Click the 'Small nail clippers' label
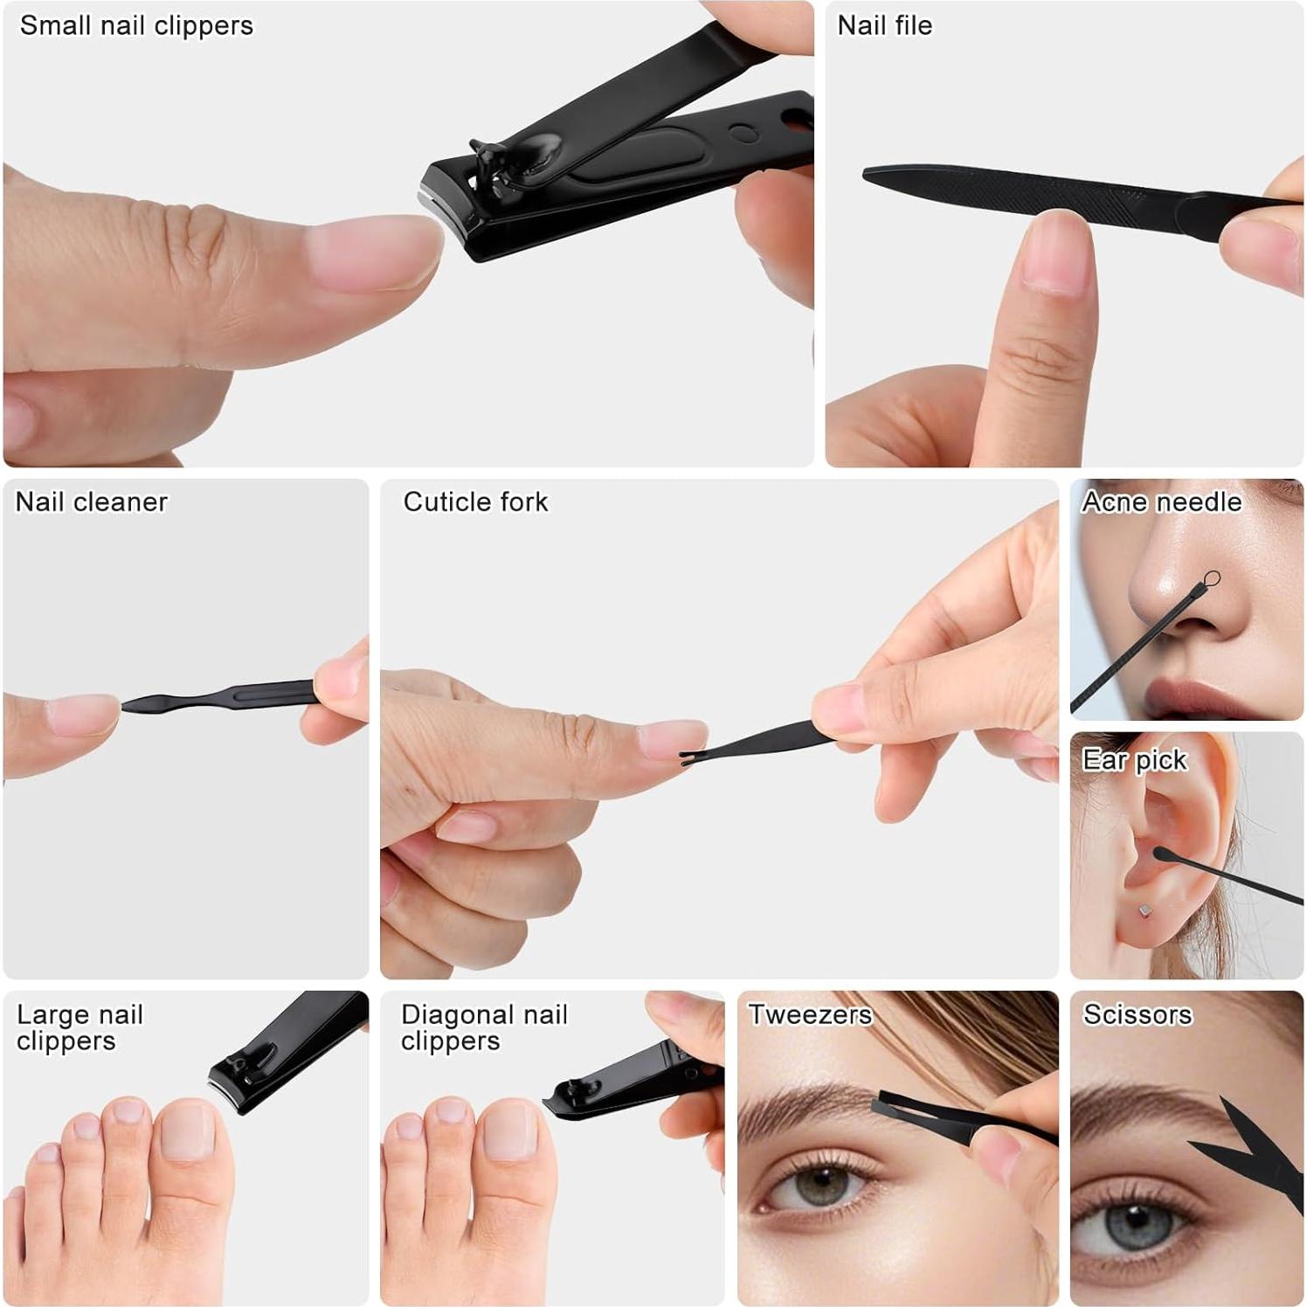136,26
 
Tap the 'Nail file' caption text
884,26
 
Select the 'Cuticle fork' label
475,502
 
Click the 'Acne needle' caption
1161,502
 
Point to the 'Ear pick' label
1134,761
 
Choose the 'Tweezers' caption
810,1014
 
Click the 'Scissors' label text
1138,1014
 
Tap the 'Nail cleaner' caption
92,502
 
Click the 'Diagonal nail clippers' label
484,1027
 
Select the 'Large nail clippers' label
80,1027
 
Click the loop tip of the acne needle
1211,578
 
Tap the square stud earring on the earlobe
1144,911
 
